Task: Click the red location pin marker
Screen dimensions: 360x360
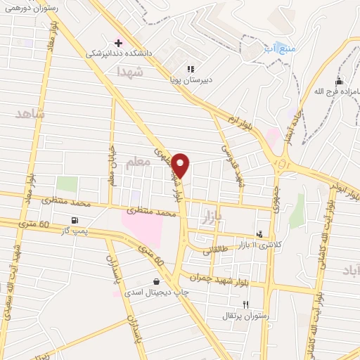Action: coord(181,165)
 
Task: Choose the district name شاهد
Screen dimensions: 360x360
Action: coord(31,113)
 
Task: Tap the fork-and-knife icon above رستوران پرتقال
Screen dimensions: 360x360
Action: coord(245,304)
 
